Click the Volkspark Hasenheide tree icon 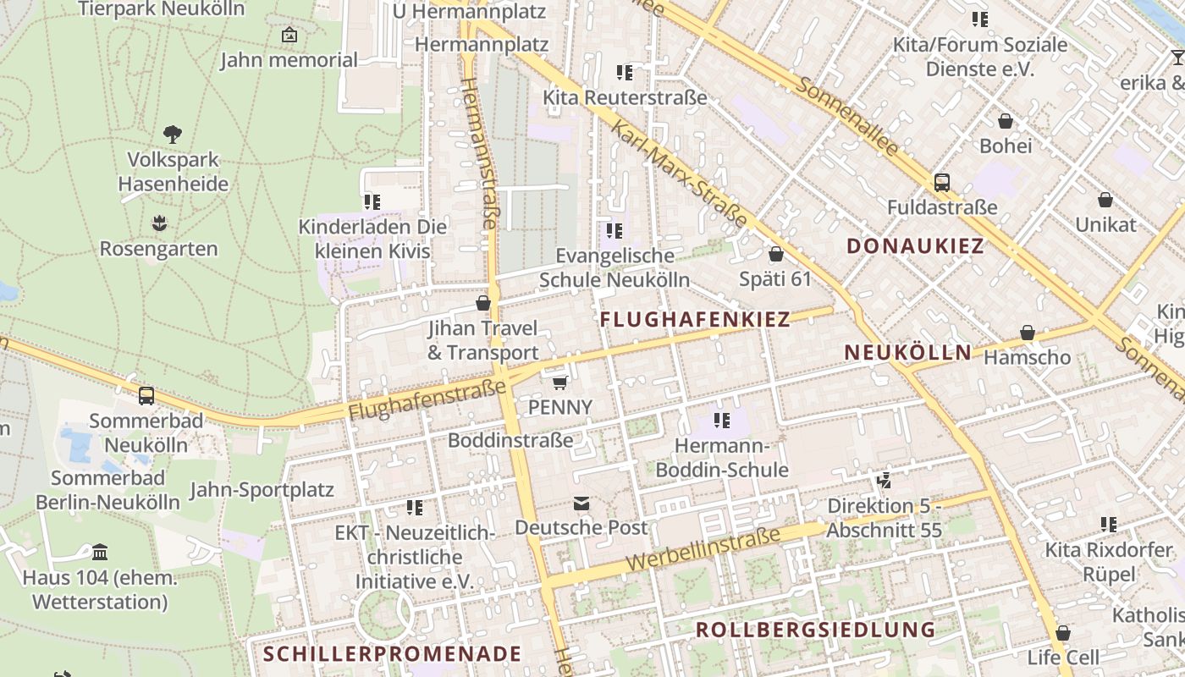[173, 134]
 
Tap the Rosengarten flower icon [159, 223]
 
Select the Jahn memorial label [289, 60]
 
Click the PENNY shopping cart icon [559, 383]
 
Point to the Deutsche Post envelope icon [581, 504]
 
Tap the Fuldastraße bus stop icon [941, 182]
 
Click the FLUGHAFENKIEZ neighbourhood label [695, 320]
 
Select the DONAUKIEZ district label [916, 246]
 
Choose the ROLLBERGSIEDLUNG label [816, 630]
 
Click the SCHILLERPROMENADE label [392, 654]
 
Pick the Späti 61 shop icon [775, 254]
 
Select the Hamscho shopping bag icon [1028, 333]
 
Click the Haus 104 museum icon [100, 553]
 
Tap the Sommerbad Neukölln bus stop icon [146, 395]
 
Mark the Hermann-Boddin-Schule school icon [721, 420]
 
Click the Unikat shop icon [1105, 200]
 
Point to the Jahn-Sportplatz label [262, 490]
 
